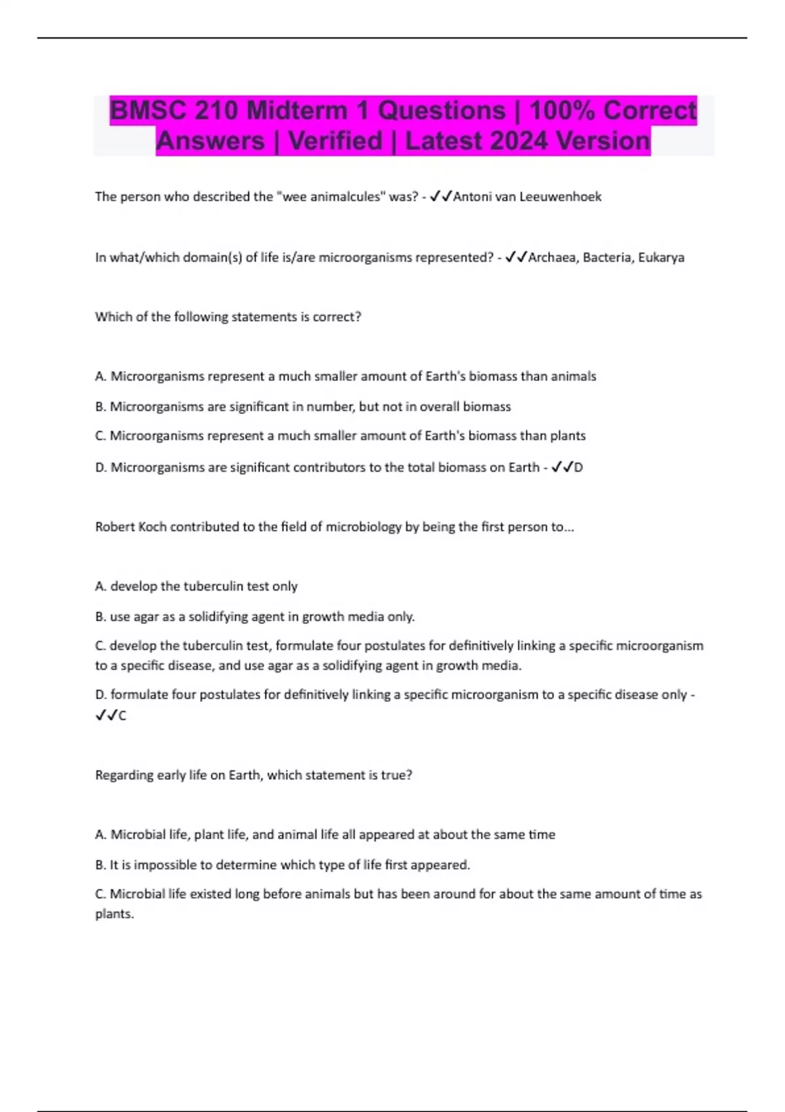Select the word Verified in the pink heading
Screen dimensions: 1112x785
(x=335, y=141)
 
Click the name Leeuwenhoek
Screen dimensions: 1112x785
(x=560, y=196)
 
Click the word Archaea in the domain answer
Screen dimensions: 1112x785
(x=552, y=257)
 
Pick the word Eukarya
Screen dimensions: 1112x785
(x=661, y=257)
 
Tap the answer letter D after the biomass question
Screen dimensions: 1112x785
(x=578, y=467)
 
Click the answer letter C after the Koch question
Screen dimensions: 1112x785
(x=122, y=716)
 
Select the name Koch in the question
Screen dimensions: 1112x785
(x=152, y=527)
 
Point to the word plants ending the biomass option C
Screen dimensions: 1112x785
(x=568, y=436)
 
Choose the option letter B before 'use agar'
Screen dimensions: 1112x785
(x=100, y=616)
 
